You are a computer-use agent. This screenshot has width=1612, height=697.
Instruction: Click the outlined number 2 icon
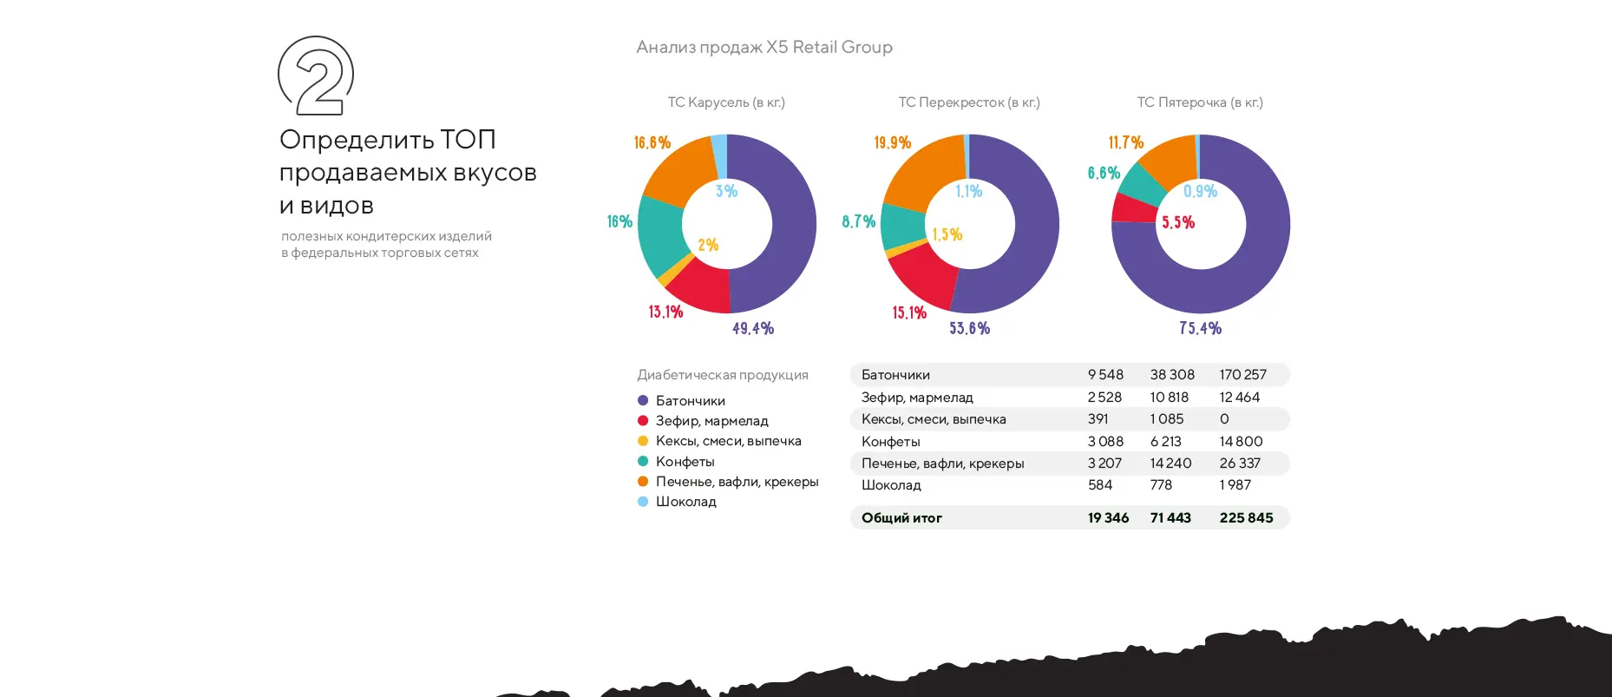[316, 76]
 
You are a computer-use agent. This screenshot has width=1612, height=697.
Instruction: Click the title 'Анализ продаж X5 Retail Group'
[763, 47]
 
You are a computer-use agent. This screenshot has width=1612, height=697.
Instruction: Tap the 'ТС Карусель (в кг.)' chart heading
[725, 102]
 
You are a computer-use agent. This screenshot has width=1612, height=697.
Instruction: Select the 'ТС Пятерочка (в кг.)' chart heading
[1199, 102]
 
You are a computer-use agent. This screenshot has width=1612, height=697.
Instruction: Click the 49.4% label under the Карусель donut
[752, 328]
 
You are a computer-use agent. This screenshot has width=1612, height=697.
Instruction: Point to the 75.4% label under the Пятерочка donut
[1200, 328]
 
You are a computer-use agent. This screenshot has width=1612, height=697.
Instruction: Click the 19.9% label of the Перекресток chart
[892, 142]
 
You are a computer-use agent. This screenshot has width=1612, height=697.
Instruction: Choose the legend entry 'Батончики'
[690, 401]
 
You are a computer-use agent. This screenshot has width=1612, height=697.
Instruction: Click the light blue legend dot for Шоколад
[643, 502]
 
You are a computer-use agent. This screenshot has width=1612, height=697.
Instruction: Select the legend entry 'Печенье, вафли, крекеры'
[737, 482]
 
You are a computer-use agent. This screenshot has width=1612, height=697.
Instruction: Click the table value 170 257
[1242, 375]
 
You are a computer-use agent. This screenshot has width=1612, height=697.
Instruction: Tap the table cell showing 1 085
[1166, 419]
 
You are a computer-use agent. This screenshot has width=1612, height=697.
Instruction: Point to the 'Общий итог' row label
[901, 518]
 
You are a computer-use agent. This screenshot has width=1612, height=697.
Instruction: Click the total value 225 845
[1246, 518]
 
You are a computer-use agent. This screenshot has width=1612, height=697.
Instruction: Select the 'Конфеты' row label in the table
[890, 442]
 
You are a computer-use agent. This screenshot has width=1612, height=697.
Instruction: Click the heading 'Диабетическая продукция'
[722, 375]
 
